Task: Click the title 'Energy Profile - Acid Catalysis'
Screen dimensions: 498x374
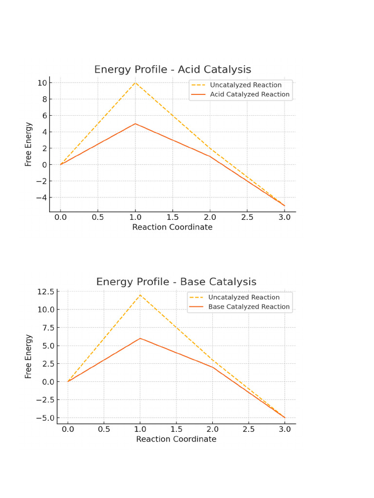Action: (x=172, y=70)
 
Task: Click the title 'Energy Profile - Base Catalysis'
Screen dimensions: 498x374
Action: (x=176, y=282)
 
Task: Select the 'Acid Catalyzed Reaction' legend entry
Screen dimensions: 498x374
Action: (x=249, y=95)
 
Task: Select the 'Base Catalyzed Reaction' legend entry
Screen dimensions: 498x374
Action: (x=249, y=307)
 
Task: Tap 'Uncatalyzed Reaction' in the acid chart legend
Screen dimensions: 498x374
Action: (x=245, y=85)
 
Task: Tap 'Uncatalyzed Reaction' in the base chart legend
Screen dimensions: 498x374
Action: (x=243, y=297)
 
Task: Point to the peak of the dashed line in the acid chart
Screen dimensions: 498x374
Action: (x=135, y=83)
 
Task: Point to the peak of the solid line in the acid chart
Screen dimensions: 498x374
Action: (x=135, y=124)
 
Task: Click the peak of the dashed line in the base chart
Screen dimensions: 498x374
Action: (x=140, y=295)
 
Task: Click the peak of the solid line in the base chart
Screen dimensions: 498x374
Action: (x=140, y=338)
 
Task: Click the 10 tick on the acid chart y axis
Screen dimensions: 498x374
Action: (x=42, y=83)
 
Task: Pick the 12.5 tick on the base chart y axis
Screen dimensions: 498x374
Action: (x=44, y=292)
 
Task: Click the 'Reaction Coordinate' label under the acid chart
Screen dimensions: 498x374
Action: (x=172, y=227)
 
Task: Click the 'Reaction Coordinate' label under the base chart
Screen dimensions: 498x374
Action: (x=176, y=439)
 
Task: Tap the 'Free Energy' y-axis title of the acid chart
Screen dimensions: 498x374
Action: (x=29, y=144)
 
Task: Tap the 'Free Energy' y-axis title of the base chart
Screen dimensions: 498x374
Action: (x=29, y=356)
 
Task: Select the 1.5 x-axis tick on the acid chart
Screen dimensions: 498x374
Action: (x=172, y=217)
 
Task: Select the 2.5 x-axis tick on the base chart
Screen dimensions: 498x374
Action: (x=248, y=429)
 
